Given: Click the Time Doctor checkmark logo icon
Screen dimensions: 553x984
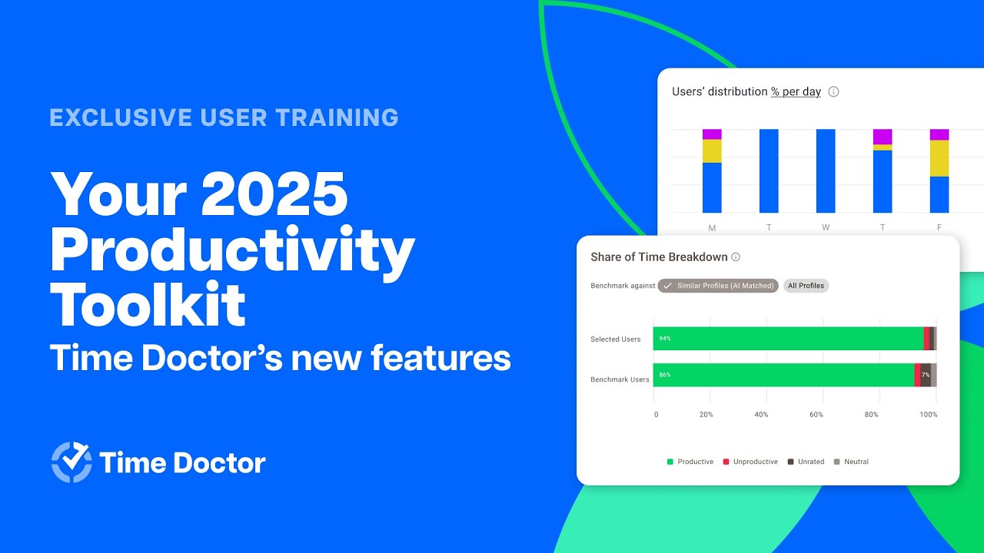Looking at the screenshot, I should [71, 462].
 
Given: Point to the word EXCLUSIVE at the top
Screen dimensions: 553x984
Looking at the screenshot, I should [118, 118].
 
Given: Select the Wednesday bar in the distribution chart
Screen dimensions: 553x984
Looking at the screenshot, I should [826, 171].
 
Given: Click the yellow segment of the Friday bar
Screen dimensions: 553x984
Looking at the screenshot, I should [939, 158].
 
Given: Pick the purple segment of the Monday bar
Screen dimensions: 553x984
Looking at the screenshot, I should [712, 134].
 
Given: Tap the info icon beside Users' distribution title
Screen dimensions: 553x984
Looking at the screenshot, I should [833, 91].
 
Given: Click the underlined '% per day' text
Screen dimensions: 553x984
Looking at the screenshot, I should [796, 91].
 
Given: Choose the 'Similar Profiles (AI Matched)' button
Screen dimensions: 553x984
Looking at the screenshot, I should [718, 286].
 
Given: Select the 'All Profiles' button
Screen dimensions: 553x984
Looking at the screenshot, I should [806, 286].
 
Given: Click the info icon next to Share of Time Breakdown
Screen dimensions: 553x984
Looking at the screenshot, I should [736, 257].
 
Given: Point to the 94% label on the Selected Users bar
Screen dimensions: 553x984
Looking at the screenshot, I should [665, 339].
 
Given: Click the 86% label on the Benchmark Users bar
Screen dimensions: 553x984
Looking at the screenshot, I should [665, 375].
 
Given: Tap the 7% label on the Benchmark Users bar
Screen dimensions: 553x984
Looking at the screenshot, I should [926, 375].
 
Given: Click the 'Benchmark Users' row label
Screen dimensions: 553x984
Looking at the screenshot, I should [620, 379].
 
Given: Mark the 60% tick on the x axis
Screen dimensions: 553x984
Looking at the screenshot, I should [816, 415].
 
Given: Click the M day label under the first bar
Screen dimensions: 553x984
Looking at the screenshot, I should [712, 227].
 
